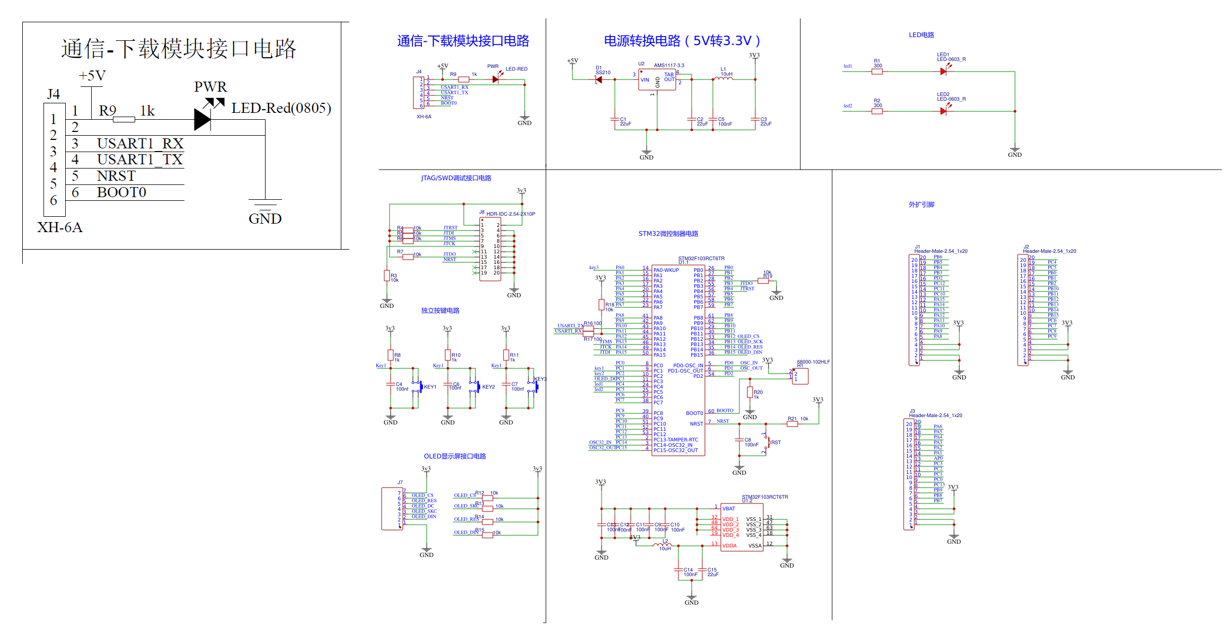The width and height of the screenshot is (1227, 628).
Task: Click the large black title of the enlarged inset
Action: (x=179, y=49)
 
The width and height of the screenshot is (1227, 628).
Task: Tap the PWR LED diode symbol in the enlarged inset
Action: (x=202, y=119)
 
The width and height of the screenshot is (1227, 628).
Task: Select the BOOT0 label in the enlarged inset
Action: (x=121, y=192)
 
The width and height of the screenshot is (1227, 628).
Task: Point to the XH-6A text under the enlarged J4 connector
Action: (x=60, y=227)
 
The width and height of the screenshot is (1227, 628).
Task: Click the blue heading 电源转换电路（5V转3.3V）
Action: (x=682, y=41)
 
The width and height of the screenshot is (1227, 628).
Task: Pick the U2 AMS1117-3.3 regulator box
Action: (x=657, y=80)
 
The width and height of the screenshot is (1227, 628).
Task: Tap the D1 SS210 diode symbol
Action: (x=599, y=79)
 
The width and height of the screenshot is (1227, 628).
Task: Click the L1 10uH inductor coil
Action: (x=723, y=78)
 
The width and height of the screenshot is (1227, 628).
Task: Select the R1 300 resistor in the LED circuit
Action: (x=877, y=72)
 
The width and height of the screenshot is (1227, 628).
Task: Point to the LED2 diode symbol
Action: (x=943, y=111)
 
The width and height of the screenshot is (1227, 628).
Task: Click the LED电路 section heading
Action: (x=921, y=35)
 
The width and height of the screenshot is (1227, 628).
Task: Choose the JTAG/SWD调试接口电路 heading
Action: (x=456, y=178)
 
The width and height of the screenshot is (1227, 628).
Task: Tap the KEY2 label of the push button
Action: (x=488, y=387)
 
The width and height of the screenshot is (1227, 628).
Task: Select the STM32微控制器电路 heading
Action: (x=668, y=234)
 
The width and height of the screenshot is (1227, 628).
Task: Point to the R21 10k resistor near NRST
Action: (x=792, y=423)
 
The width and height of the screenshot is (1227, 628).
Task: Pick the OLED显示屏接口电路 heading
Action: (x=455, y=456)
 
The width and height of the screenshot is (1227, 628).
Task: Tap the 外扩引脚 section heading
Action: (x=921, y=205)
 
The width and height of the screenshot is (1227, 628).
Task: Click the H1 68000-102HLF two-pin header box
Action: (x=800, y=376)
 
